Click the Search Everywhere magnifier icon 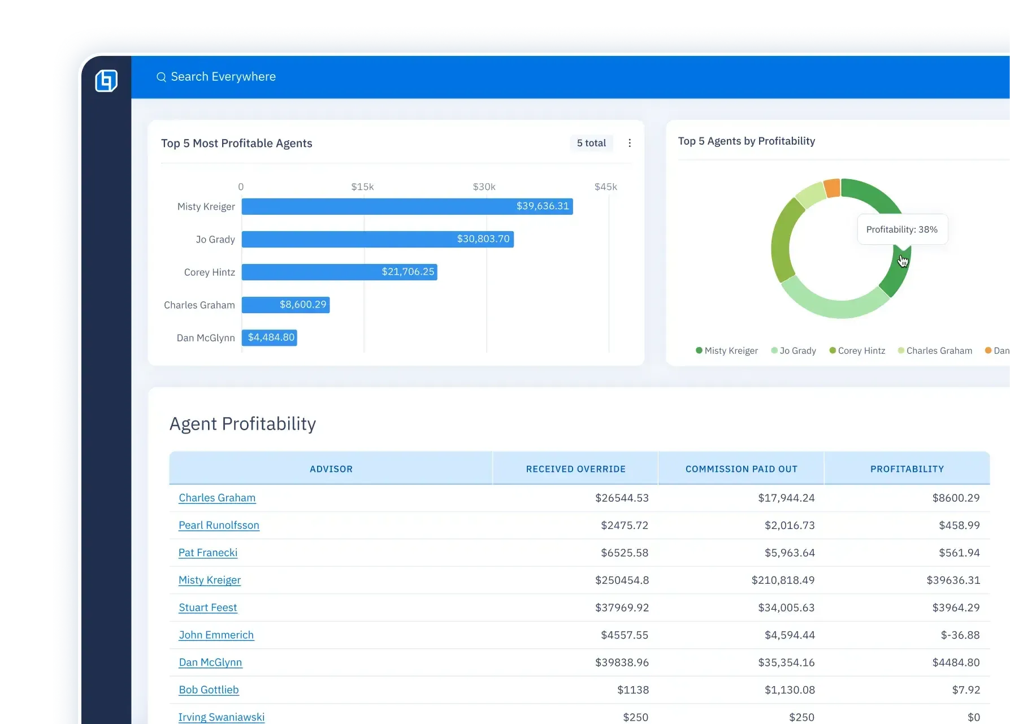coord(161,77)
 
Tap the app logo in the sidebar coord(106,81)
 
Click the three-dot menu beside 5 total coord(630,143)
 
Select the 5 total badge coord(591,143)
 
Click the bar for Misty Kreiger coord(407,206)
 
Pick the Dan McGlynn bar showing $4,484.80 coord(270,337)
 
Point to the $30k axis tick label coord(484,187)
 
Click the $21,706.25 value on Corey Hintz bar coord(408,272)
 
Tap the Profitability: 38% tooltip coord(902,229)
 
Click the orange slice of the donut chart coord(832,188)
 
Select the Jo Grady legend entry coord(794,350)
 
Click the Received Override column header coord(575,469)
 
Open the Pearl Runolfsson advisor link coord(219,525)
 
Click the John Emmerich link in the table coord(216,635)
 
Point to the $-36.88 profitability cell coord(960,635)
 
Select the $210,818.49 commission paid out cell coord(783,580)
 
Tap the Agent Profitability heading coord(242,424)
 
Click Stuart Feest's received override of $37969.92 coord(622,608)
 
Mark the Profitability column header coord(907,469)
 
